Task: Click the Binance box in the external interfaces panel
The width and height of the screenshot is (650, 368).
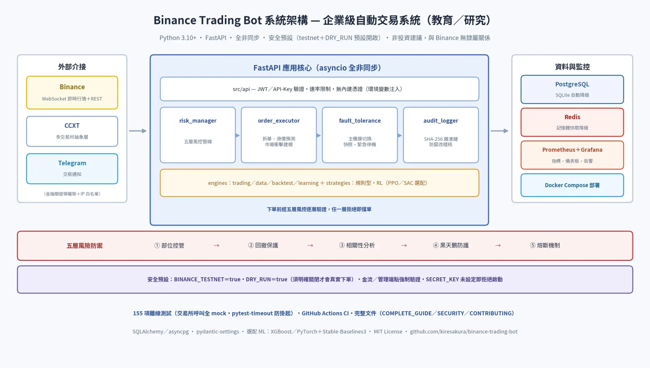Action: tap(72, 92)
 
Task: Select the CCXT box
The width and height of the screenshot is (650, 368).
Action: tap(72, 131)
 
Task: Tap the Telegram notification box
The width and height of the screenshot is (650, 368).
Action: tap(72, 169)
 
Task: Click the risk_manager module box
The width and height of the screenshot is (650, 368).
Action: tap(198, 135)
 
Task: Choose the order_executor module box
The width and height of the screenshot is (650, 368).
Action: tap(279, 135)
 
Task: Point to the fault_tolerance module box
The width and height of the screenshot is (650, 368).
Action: tap(360, 135)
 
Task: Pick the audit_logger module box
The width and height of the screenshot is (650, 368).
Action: tap(441, 135)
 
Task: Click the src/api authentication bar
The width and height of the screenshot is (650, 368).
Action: tap(320, 89)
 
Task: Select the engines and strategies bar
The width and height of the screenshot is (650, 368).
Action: tap(320, 183)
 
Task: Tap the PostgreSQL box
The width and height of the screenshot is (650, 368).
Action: tap(572, 89)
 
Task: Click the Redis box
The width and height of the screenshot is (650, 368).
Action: tap(572, 122)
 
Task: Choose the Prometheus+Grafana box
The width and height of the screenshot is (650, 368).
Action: tap(572, 155)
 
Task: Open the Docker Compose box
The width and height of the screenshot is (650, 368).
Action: tap(572, 185)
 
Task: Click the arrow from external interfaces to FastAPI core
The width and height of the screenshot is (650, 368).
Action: tap(138, 131)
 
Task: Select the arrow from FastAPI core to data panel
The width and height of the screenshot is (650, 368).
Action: tap(500, 131)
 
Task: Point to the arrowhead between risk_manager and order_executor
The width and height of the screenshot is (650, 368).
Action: tap(238, 135)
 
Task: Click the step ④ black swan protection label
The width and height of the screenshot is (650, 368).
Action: tap(451, 245)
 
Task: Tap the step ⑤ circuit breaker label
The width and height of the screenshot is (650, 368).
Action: tap(545, 245)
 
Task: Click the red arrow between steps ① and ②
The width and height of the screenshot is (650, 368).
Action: tap(216, 245)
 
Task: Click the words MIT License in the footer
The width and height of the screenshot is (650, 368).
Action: tap(388, 332)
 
